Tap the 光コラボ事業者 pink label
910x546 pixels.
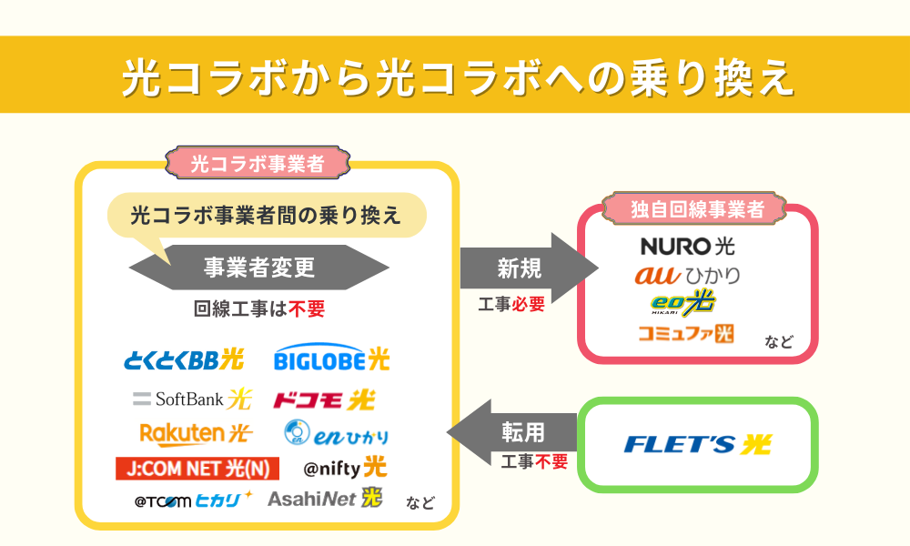pos(258,164)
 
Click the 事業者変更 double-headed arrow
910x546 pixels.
pos(259,268)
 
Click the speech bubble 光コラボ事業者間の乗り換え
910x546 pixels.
pos(266,216)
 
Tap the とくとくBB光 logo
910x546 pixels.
pos(184,359)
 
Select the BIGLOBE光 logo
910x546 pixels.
pos(331,359)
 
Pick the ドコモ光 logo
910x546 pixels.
pos(323,399)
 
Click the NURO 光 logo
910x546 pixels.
pos(687,246)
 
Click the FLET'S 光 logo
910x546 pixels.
pos(697,444)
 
